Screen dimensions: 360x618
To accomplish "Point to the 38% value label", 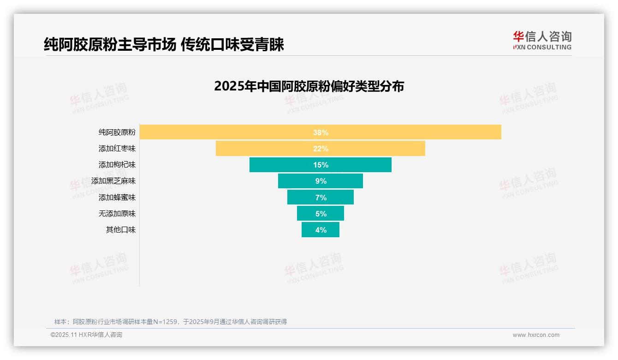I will [x=321, y=132].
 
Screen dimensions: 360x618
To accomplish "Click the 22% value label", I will [x=321, y=149].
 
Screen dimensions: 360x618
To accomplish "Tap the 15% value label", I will [x=321, y=165].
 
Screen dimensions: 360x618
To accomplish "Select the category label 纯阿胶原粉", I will [x=117, y=132].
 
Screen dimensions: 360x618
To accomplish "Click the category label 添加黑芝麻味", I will [x=113, y=181].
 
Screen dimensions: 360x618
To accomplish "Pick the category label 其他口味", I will [x=121, y=230].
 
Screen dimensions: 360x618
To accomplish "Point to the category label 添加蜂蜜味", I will [x=117, y=198].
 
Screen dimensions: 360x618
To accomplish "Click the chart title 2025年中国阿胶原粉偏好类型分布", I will [x=309, y=86].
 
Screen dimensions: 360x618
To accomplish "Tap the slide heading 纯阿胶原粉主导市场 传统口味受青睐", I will [x=164, y=44].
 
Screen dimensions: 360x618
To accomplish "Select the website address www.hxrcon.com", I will [x=536, y=335].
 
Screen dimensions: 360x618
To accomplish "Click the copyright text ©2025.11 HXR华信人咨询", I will [x=86, y=335].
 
